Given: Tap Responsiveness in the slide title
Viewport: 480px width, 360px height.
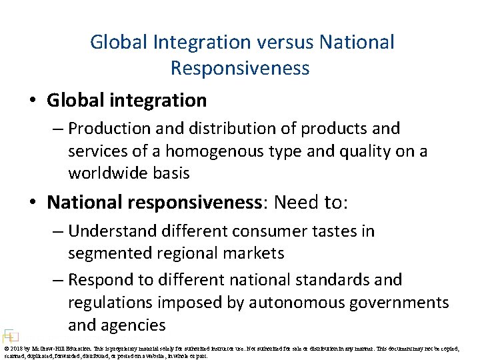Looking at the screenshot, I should click(x=240, y=68).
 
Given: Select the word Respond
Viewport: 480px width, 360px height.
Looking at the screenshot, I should click(x=101, y=279).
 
